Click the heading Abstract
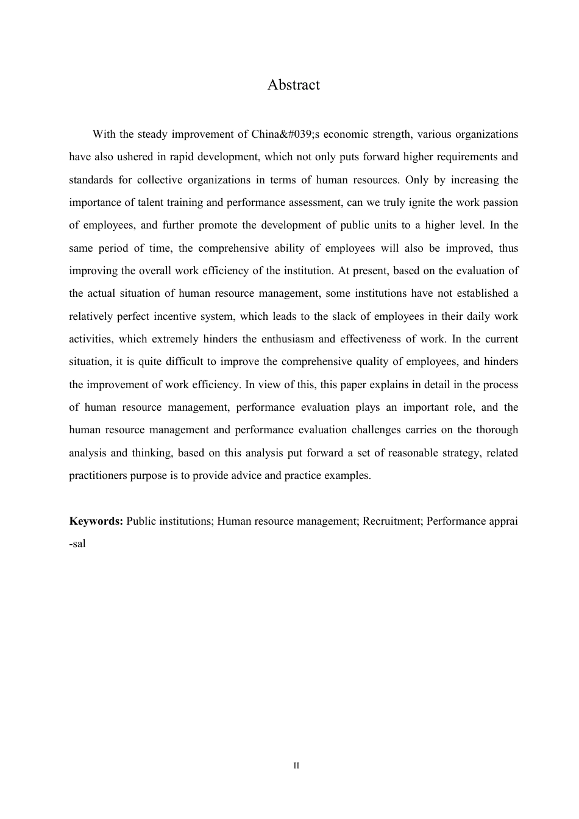tap(293, 85)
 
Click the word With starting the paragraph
tap(104, 134)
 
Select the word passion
tap(499, 202)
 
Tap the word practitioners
tap(98, 475)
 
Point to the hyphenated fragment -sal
tap(77, 544)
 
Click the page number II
tap(296, 765)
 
